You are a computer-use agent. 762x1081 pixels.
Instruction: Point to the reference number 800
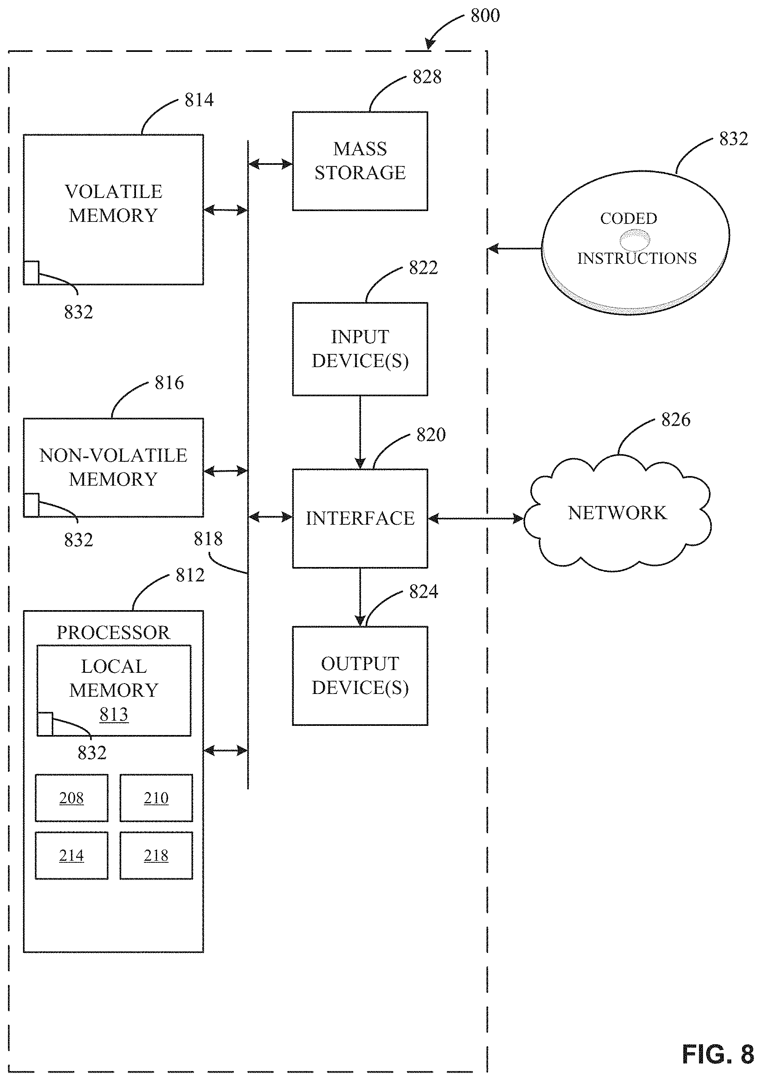485,16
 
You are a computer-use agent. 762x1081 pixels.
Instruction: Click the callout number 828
427,77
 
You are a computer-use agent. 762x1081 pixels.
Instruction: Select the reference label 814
199,100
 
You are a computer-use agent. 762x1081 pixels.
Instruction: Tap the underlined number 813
114,714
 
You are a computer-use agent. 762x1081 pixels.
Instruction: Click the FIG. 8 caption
718,1054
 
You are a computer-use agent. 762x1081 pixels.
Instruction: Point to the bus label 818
208,539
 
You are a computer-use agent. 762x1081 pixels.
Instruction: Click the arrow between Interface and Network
476,518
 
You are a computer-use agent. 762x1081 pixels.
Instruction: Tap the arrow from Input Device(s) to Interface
360,432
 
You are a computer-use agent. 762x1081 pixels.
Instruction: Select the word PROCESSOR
113,632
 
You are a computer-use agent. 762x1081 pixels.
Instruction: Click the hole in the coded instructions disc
634,240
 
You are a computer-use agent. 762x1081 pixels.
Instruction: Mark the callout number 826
675,419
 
